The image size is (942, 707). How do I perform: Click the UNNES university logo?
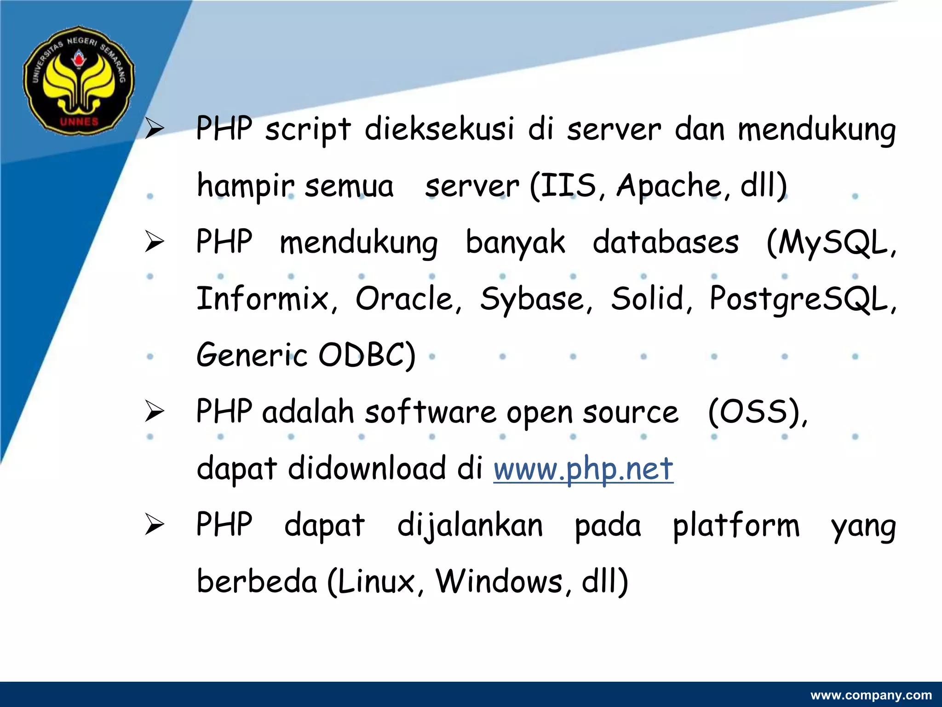coord(79,80)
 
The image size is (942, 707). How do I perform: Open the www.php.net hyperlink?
coord(583,469)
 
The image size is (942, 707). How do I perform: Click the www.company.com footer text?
coord(871,695)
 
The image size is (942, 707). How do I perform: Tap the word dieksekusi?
coord(439,128)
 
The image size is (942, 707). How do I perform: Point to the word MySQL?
coord(830,243)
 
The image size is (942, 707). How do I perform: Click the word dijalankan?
coord(470,526)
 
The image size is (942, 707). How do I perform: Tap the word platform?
coord(736,526)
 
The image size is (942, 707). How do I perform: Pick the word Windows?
coord(500,582)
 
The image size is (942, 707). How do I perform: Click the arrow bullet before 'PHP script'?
coord(155,129)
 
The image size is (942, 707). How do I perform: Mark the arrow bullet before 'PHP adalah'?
coord(155,411)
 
